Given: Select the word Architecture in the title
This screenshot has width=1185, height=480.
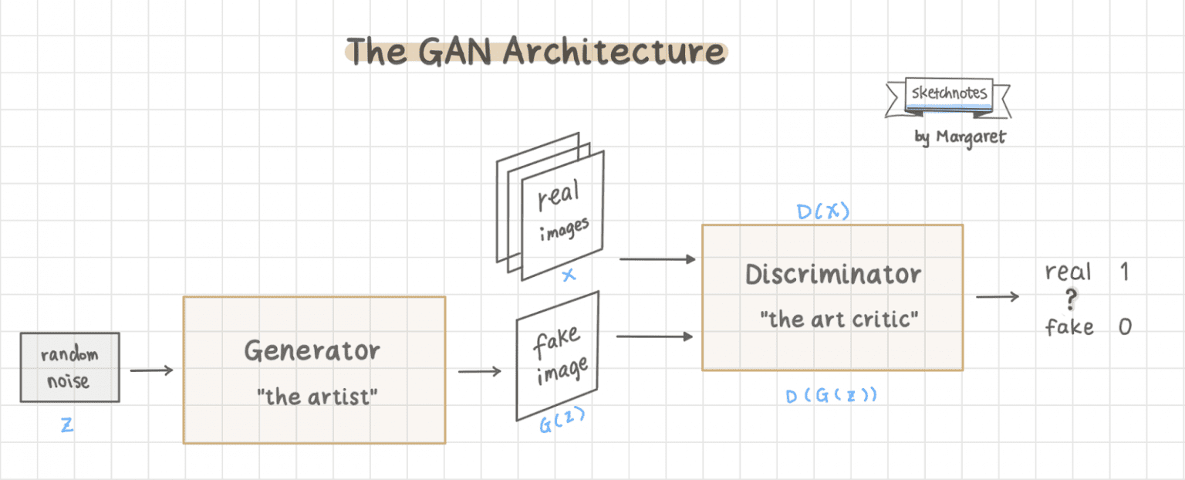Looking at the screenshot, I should click(x=614, y=52).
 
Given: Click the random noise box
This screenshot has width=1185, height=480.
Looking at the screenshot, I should click(x=69, y=367).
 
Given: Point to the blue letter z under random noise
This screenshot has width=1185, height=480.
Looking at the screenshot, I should click(x=67, y=425).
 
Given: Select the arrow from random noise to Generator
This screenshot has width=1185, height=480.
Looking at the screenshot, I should click(x=151, y=371).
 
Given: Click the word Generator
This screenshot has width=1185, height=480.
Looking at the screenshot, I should click(x=312, y=351).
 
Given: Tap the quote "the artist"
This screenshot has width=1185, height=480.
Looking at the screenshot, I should click(x=317, y=397).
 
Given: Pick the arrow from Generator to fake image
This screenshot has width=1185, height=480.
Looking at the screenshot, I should click(x=479, y=372).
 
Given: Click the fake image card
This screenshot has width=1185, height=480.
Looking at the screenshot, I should click(x=558, y=357).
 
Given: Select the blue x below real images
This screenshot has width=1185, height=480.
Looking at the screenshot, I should click(x=569, y=274).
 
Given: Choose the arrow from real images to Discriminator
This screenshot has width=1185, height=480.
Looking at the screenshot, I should click(x=657, y=259).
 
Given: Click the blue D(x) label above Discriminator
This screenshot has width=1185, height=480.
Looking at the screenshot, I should click(x=823, y=211).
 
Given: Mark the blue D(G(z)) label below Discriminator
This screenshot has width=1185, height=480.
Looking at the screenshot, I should click(x=831, y=396).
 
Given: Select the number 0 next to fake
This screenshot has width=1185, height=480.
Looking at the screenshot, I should click(x=1124, y=326).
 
